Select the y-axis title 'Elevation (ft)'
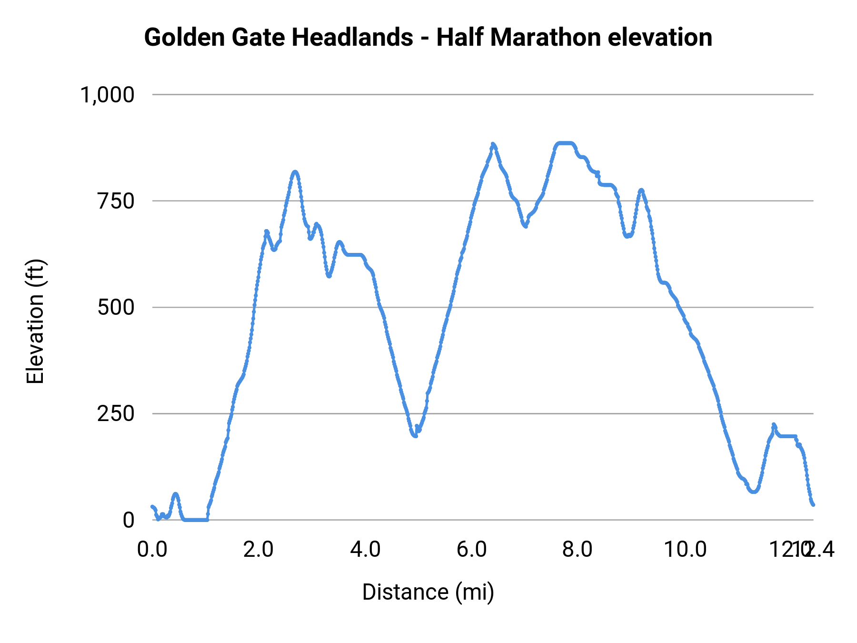tap(35, 321)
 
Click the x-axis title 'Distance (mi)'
tap(428, 592)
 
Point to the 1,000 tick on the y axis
tap(108, 95)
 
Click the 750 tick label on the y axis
tap(116, 201)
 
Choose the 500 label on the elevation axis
tap(116, 308)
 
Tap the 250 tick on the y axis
tap(116, 414)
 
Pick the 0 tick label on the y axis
tap(129, 520)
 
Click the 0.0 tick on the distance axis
tap(152, 550)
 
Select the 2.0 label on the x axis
tap(259, 550)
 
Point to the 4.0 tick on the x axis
tap(365, 550)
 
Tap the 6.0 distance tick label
tap(471, 550)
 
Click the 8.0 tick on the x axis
tap(578, 550)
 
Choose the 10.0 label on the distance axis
tap(685, 550)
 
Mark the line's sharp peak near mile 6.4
tap(493, 144)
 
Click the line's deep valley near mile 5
tap(415, 435)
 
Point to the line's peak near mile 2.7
tap(295, 172)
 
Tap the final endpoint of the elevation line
tap(813, 504)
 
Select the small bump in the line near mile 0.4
tap(175, 494)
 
